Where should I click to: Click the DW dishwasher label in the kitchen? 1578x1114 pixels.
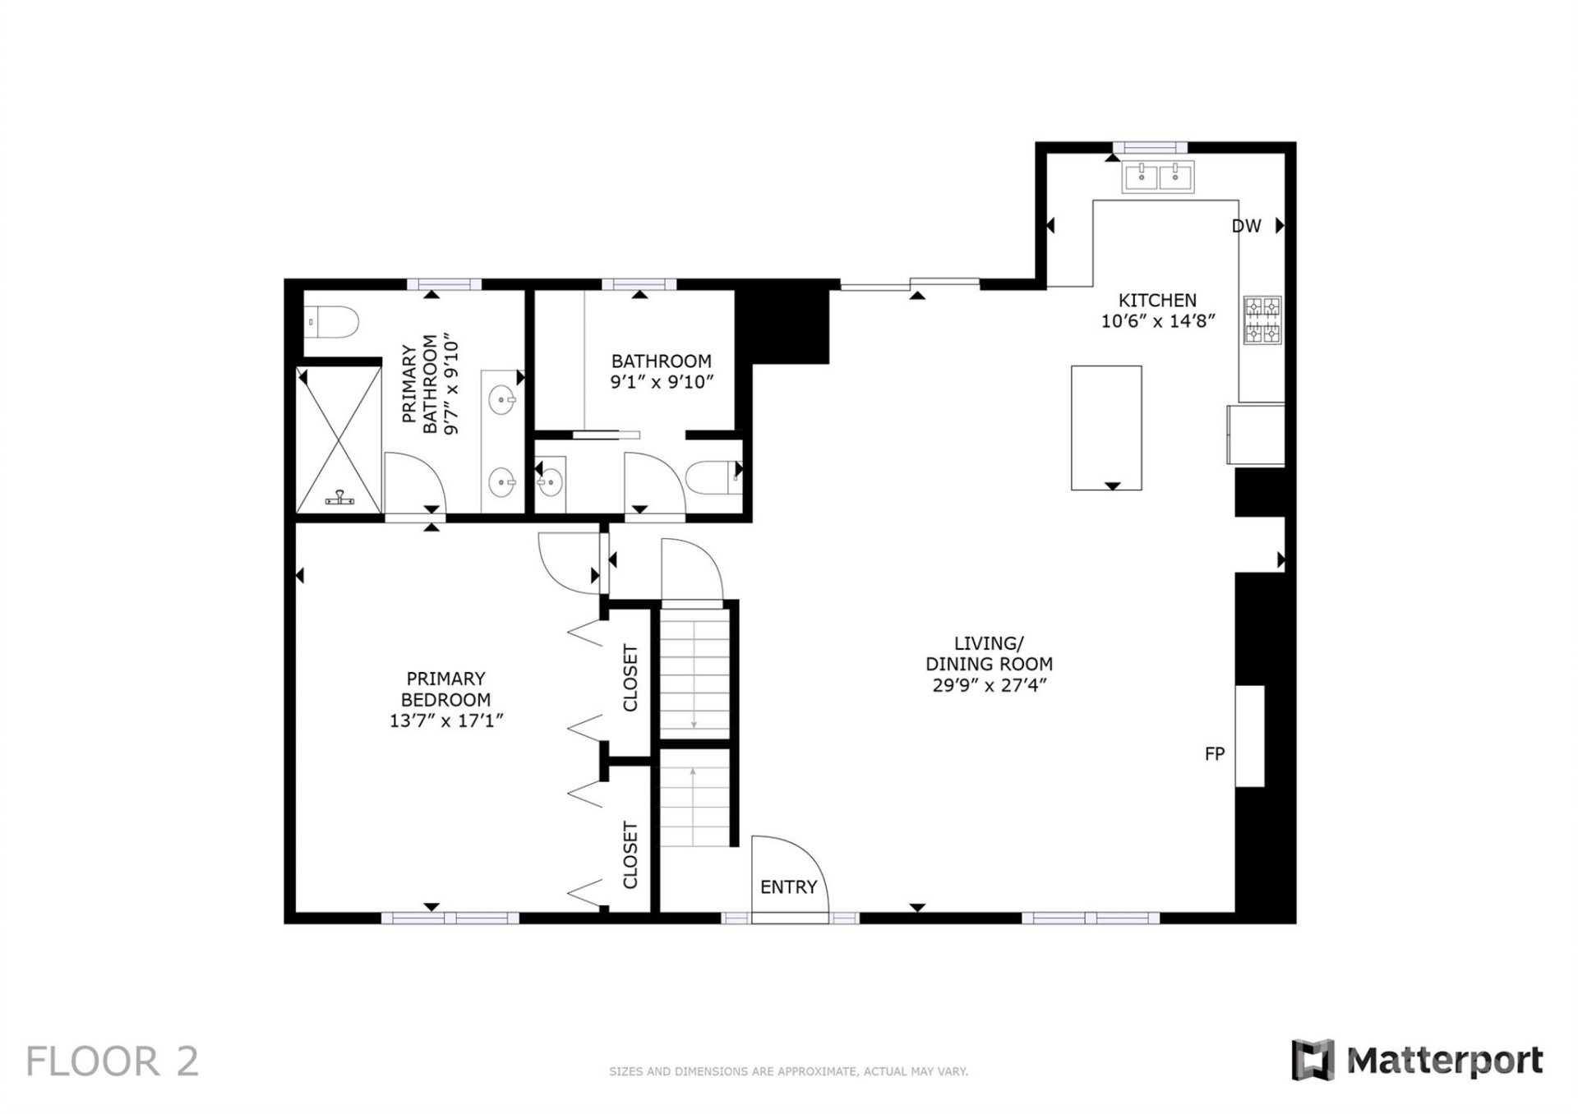coord(1246,226)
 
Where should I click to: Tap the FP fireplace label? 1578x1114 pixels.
coord(1214,753)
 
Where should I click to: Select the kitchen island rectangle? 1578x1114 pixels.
coord(1106,427)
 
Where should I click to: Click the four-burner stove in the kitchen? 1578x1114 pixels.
coord(1262,320)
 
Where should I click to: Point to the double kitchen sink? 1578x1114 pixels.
coord(1158,177)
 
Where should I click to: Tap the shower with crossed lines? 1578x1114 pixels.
coord(339,440)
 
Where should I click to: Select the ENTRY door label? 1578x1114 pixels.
coord(788,887)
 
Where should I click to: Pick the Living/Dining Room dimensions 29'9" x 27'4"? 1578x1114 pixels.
coord(989,685)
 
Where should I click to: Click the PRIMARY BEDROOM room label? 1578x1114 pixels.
coord(445,689)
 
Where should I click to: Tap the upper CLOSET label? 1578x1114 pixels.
coord(630,678)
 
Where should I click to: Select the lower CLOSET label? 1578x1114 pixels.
coord(630,855)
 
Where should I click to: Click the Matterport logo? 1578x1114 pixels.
coord(1417,1061)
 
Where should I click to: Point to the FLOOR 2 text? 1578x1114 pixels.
coord(113,1061)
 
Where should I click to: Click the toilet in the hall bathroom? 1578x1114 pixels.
coord(712,478)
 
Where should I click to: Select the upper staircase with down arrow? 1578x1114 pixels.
coord(694,670)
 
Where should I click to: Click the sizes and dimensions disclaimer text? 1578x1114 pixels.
coord(788,1071)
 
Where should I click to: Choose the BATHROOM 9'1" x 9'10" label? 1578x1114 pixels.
coord(661,371)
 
